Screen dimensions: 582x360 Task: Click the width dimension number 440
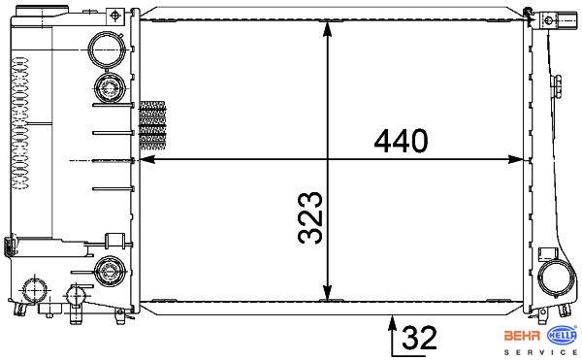[401, 142]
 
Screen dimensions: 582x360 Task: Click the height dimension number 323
[311, 218]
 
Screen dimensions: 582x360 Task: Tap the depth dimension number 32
[419, 338]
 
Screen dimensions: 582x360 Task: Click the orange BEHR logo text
[522, 336]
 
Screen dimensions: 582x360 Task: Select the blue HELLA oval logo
[563, 335]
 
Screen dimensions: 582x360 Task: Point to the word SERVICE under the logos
[540, 352]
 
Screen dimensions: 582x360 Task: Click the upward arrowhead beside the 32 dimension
[392, 322]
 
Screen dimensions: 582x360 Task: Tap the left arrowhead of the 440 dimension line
[147, 159]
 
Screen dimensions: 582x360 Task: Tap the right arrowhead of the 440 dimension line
[516, 159]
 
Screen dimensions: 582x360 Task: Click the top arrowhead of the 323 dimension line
[327, 28]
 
